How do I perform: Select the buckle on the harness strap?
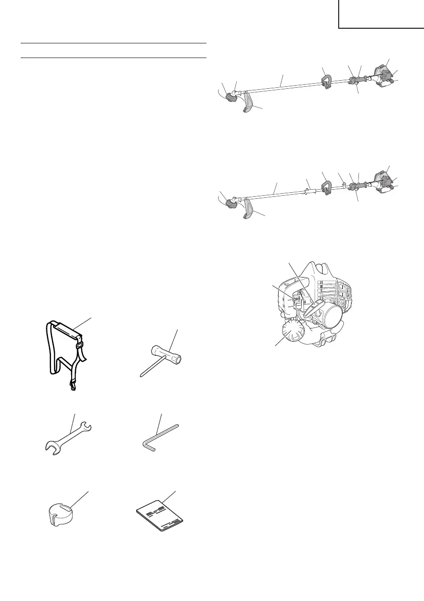coord(81,347)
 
